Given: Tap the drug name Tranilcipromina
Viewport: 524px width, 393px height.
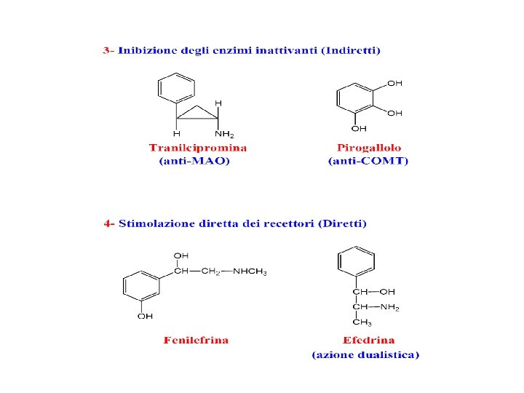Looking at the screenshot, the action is (x=197, y=148).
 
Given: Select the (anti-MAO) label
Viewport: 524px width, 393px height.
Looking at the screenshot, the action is (x=194, y=162).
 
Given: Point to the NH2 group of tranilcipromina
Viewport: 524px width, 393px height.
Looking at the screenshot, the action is (x=225, y=134).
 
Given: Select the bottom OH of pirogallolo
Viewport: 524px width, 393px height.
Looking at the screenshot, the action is (x=359, y=130).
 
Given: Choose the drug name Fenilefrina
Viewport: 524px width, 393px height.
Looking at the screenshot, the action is (x=196, y=341).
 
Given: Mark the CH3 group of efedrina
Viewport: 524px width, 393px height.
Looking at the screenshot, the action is (x=361, y=322).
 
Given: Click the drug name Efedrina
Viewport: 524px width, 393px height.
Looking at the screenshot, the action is (x=369, y=341).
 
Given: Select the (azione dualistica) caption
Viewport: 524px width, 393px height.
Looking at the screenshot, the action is (x=366, y=355).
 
